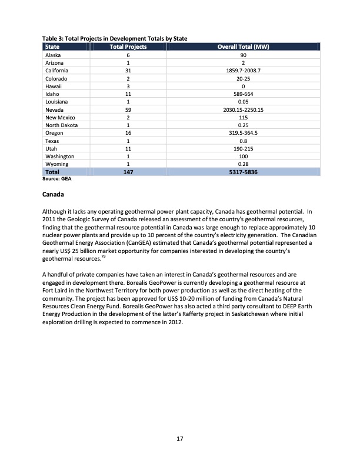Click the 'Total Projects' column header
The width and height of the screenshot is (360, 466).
tap(128, 46)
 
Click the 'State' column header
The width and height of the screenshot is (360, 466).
tap(52, 46)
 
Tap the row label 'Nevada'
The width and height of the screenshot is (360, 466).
tap(55, 109)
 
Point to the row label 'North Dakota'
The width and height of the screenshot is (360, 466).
tap(61, 125)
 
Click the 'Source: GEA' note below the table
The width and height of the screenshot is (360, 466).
tap(56, 179)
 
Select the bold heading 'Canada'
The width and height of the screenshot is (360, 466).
tap(55, 194)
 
